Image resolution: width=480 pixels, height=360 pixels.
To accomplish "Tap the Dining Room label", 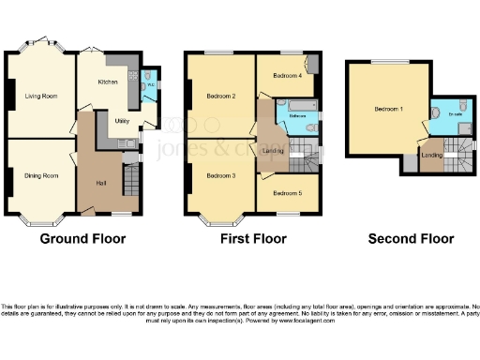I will tap(41, 175).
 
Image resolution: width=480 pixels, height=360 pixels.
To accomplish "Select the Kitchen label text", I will tap(109, 82).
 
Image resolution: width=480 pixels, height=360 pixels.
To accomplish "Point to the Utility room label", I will tap(122, 121).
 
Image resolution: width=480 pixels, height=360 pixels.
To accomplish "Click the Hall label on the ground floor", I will tap(101, 181).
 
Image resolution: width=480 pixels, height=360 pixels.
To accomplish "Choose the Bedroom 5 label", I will tap(286, 193).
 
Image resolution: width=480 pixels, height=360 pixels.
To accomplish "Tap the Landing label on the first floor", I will tap(275, 151).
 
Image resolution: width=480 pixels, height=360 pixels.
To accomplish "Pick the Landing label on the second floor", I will tap(432, 155).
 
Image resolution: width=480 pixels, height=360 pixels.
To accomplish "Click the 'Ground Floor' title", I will tap(82, 238).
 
